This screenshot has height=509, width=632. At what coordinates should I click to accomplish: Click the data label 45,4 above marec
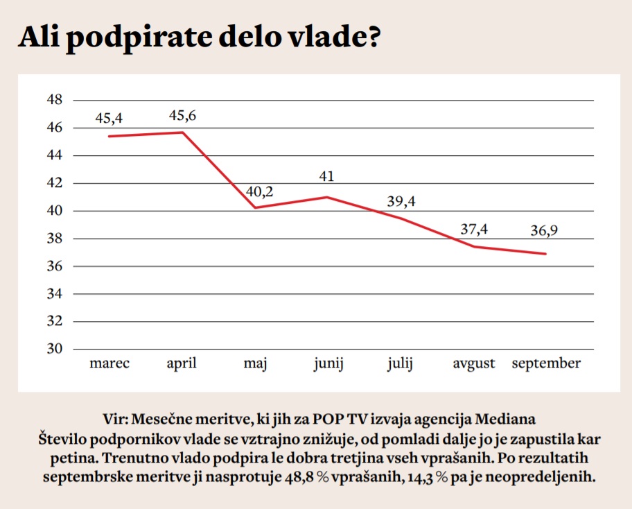(x=109, y=119)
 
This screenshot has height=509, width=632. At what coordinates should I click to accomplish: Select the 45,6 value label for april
(x=182, y=116)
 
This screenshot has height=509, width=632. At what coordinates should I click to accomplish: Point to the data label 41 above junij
(x=326, y=177)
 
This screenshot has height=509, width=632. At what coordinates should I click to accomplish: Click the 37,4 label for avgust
(x=475, y=230)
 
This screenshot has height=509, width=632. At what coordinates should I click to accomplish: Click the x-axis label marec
(x=109, y=363)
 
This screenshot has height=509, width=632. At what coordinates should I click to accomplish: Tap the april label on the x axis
(x=182, y=363)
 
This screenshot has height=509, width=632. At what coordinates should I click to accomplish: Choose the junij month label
(x=328, y=364)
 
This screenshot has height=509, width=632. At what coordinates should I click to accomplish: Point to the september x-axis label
(x=546, y=364)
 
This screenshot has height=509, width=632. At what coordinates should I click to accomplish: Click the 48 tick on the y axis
(x=53, y=101)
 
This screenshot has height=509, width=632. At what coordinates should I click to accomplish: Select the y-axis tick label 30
(x=53, y=349)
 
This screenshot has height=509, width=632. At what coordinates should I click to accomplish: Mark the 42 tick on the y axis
(x=53, y=183)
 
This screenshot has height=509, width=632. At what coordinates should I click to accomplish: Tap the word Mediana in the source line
(x=506, y=419)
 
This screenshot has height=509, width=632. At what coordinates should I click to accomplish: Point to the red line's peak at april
(x=182, y=132)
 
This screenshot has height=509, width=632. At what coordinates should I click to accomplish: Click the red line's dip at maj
(x=256, y=207)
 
